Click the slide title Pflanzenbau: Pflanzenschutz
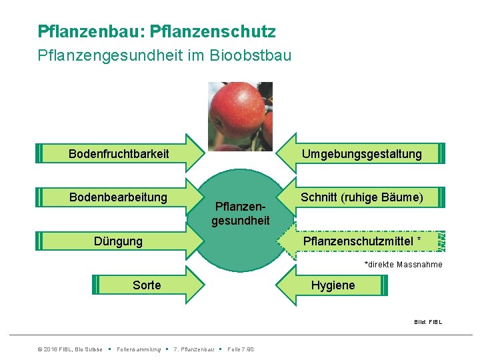[157, 31]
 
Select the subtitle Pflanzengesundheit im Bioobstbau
[165, 55]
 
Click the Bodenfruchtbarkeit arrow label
[119, 154]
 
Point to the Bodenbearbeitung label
[118, 197]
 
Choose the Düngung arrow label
[118, 241]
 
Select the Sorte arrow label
[147, 285]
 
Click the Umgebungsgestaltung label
[361, 154]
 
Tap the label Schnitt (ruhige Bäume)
[361, 197]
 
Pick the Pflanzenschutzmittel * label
[362, 241]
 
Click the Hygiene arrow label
[333, 285]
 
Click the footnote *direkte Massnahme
[403, 265]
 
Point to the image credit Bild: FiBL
[427, 322]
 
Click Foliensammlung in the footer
[139, 349]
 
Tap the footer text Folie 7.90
[240, 349]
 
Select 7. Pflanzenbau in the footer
[193, 349]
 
